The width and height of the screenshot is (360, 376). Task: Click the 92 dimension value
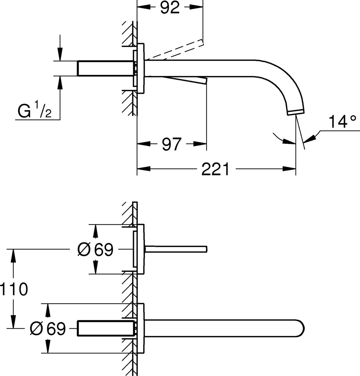coord(170,8)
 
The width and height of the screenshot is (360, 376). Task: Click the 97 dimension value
coord(172,144)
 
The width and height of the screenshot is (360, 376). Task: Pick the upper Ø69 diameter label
coord(95,249)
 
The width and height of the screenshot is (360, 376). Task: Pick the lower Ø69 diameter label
coord(48,328)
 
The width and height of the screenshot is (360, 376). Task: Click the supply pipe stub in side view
coord(104,68)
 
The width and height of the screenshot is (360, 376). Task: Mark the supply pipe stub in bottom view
coord(104,329)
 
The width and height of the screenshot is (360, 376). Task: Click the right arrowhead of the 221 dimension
coord(291,169)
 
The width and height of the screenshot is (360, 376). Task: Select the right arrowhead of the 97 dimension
coord(202,144)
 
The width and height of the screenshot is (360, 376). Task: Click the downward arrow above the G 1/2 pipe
coord(60,56)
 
